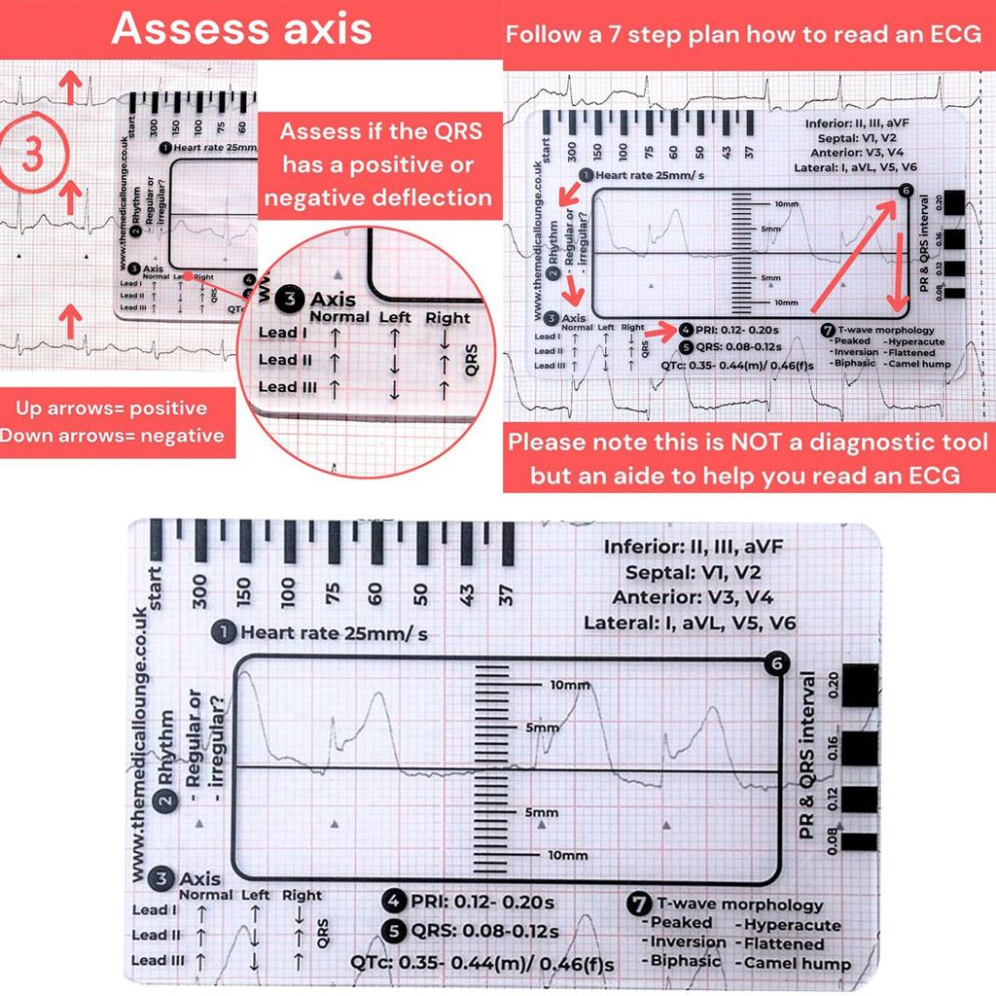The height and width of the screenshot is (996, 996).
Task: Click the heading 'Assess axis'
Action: click(x=241, y=29)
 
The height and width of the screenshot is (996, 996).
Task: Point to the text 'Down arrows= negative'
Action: click(x=112, y=436)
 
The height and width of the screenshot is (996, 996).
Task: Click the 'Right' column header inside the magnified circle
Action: click(x=447, y=317)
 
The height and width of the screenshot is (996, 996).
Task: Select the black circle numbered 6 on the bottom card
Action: click(x=775, y=663)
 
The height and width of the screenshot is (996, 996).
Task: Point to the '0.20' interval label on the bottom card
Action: click(x=834, y=687)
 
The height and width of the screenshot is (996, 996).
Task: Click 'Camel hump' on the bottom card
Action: click(x=797, y=964)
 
